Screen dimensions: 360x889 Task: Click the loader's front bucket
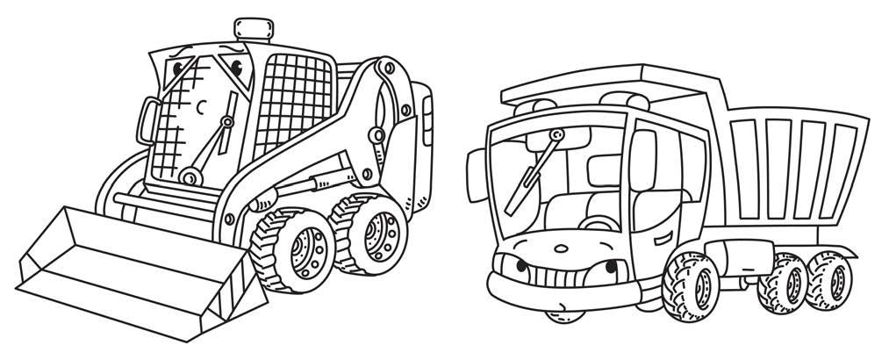click(132, 263)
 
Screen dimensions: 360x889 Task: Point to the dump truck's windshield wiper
click(539, 162)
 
